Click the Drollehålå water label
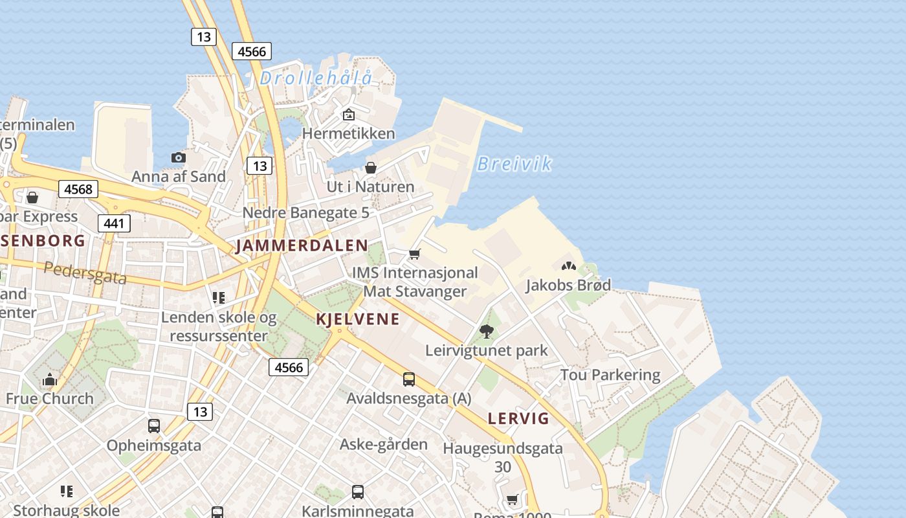pyautogui.click(x=316, y=78)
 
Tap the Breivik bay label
pyautogui.click(x=514, y=164)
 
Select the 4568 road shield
pyautogui.click(x=78, y=189)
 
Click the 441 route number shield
pyautogui.click(x=115, y=224)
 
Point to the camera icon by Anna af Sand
pyautogui.click(x=179, y=157)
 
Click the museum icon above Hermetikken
pyautogui.click(x=349, y=115)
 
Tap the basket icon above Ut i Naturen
pyautogui.click(x=371, y=168)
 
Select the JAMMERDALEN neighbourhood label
pyautogui.click(x=302, y=246)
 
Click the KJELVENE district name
pyautogui.click(x=357, y=319)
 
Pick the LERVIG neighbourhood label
pyautogui.click(x=518, y=418)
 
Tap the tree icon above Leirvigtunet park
pyautogui.click(x=487, y=332)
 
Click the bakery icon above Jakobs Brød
pyautogui.click(x=568, y=266)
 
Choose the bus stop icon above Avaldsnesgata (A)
pyautogui.click(x=409, y=379)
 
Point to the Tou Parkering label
pyautogui.click(x=610, y=375)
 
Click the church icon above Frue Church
pyautogui.click(x=50, y=380)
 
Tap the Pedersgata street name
pyautogui.click(x=85, y=273)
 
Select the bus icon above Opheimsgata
pyautogui.click(x=154, y=426)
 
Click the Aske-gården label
pyautogui.click(x=384, y=444)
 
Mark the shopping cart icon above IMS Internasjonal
pyautogui.click(x=415, y=254)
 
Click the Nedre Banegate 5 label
pyautogui.click(x=305, y=212)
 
